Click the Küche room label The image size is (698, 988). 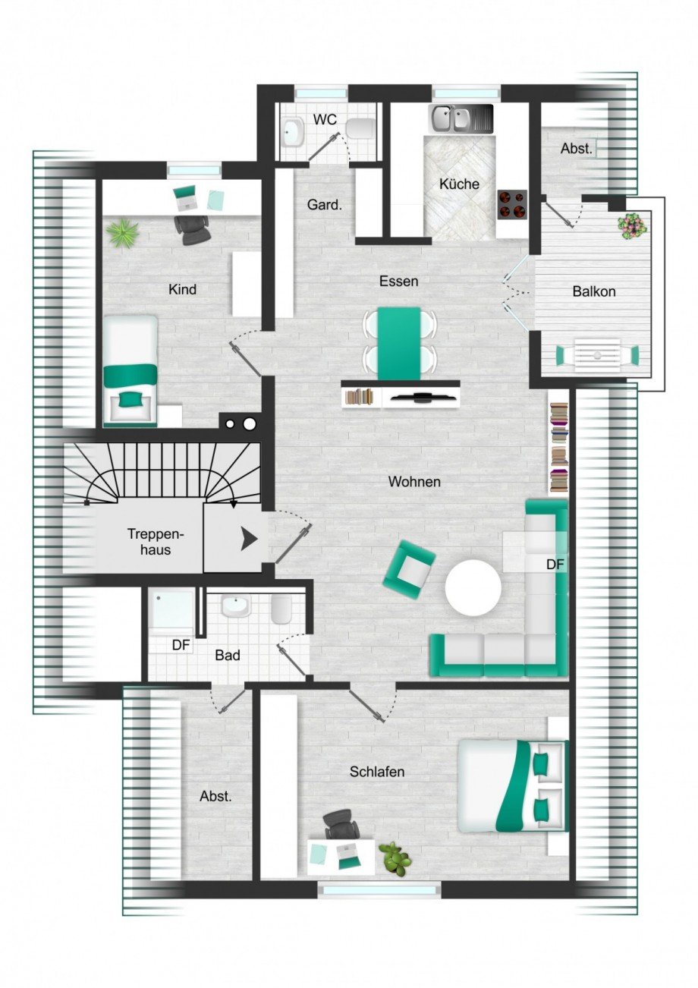pyautogui.click(x=459, y=184)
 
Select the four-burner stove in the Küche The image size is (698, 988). pyautogui.click(x=512, y=203)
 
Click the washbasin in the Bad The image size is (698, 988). pyautogui.click(x=234, y=606)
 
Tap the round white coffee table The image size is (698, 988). pyautogui.click(x=473, y=587)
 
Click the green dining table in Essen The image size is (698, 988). pyautogui.click(x=399, y=341)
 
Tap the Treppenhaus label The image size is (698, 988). pyautogui.click(x=149, y=541)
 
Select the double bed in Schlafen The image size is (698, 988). pyautogui.click(x=512, y=785)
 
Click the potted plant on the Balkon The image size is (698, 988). pyautogui.click(x=632, y=225)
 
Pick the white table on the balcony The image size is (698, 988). pyautogui.click(x=597, y=354)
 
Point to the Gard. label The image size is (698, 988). pyautogui.click(x=325, y=205)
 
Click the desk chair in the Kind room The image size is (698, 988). pyautogui.click(x=193, y=228)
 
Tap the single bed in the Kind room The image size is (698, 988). pyautogui.click(x=130, y=370)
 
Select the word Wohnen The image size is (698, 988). pyautogui.click(x=414, y=481)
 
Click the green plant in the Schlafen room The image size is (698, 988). pyautogui.click(x=394, y=858)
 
